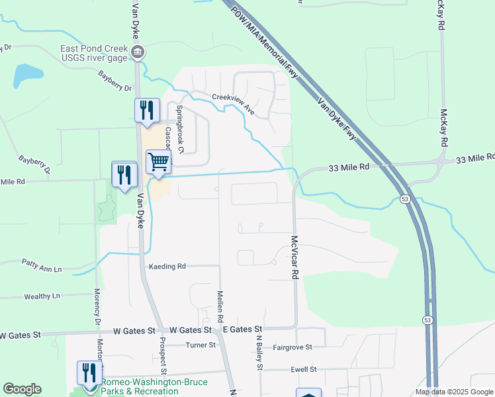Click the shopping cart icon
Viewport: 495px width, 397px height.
(x=158, y=161)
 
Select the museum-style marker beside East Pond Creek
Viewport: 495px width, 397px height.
(x=138, y=52)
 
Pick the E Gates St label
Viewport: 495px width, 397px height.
(x=242, y=329)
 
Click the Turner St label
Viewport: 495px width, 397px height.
(x=201, y=345)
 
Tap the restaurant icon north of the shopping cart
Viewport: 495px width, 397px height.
(x=147, y=110)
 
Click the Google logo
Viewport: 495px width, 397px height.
(x=22, y=390)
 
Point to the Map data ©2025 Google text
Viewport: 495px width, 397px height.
(x=453, y=392)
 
